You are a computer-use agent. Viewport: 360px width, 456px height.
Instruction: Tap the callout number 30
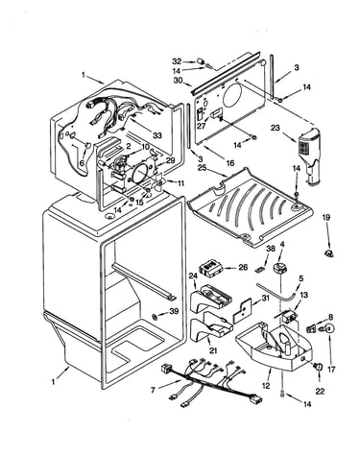pyautogui.click(x=178, y=80)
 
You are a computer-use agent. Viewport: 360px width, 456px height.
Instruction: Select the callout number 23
pyautogui.click(x=276, y=128)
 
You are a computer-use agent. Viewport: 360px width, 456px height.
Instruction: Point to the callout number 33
pyautogui.click(x=157, y=135)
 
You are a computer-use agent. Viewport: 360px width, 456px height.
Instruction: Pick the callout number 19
pyautogui.click(x=325, y=218)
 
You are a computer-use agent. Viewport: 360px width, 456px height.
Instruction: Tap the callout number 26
pyautogui.click(x=243, y=267)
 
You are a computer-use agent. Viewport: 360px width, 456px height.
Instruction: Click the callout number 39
pyautogui.click(x=174, y=311)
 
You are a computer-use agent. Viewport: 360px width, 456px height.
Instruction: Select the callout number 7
pyautogui.click(x=153, y=390)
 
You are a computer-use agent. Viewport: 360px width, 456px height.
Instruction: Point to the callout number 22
pyautogui.click(x=320, y=391)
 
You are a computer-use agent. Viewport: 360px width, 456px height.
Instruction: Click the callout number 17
pyautogui.click(x=331, y=370)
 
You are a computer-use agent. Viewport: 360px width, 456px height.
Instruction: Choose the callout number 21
pyautogui.click(x=213, y=350)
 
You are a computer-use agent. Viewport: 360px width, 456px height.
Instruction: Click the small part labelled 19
pyautogui.click(x=329, y=253)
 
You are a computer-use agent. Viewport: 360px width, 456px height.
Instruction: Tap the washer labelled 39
pyautogui.click(x=155, y=317)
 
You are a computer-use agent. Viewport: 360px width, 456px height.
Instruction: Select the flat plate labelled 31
pyautogui.click(x=242, y=311)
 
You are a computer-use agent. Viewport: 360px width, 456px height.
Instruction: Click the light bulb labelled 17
pyautogui.click(x=329, y=328)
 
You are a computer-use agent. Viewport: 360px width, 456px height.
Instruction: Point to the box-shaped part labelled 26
pyautogui.click(x=210, y=268)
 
